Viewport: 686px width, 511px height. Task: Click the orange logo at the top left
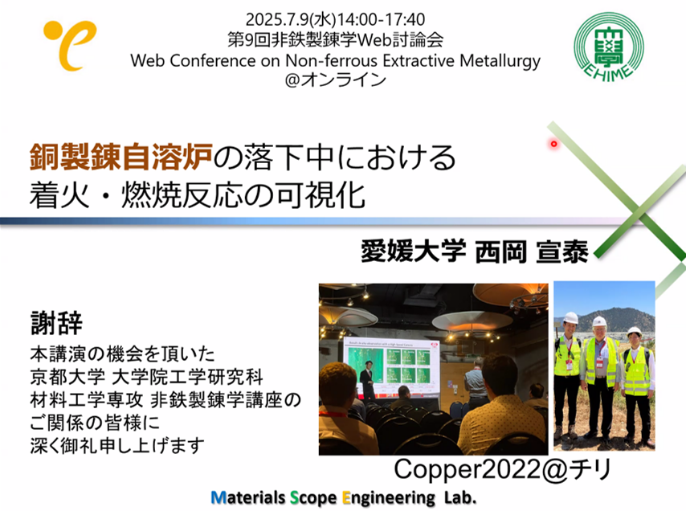[x=70, y=45]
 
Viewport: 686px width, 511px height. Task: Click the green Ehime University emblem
[x=609, y=47]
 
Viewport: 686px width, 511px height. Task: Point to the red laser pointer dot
[x=554, y=144]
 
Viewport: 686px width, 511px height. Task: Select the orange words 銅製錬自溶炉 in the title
[x=121, y=157]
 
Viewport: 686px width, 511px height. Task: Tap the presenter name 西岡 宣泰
[x=532, y=252]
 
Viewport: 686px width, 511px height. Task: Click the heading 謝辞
[x=56, y=323]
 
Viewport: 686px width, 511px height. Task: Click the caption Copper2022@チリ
[x=502, y=469]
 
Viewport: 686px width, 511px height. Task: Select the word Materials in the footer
[x=248, y=498]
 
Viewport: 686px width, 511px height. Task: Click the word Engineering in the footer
[x=389, y=499]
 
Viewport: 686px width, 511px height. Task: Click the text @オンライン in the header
[x=336, y=80]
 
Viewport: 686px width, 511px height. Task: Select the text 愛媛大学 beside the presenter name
[x=414, y=252]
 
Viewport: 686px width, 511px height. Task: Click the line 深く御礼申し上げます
[x=117, y=446]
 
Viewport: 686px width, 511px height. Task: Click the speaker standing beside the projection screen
[x=369, y=380]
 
